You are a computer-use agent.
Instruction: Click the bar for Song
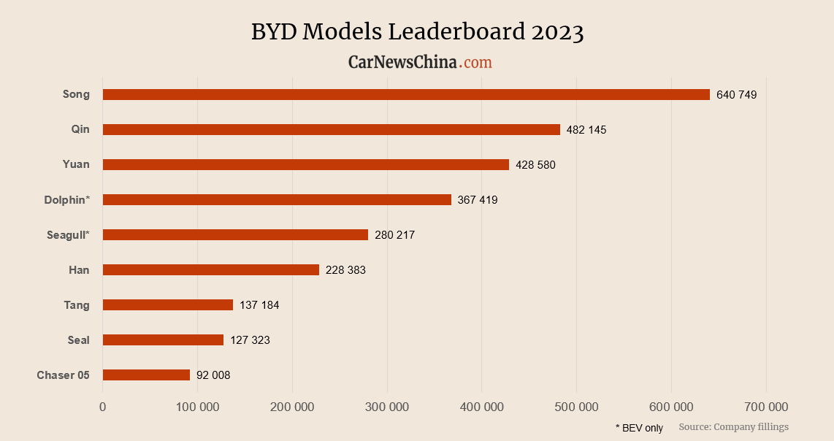click(406, 94)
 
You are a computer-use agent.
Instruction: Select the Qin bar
click(332, 129)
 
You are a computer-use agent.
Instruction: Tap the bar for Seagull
click(235, 234)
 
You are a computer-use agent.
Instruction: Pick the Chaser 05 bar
click(146, 375)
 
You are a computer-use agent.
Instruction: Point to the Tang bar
click(168, 304)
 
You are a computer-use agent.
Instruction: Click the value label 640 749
click(737, 95)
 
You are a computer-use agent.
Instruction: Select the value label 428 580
click(535, 165)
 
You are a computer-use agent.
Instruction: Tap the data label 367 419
click(478, 200)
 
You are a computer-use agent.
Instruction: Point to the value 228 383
click(345, 270)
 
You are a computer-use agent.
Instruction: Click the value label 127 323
click(250, 340)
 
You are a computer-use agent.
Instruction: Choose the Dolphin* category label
click(66, 199)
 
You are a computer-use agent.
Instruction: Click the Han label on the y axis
click(79, 270)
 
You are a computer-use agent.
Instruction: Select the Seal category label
click(78, 340)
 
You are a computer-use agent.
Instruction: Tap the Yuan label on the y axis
click(76, 164)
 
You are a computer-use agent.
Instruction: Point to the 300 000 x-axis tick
click(387, 407)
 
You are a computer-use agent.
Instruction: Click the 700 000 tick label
click(766, 407)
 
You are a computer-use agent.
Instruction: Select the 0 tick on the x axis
click(103, 407)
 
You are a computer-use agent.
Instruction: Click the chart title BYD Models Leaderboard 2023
click(417, 32)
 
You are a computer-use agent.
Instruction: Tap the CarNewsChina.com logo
click(420, 63)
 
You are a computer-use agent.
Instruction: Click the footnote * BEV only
click(639, 428)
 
